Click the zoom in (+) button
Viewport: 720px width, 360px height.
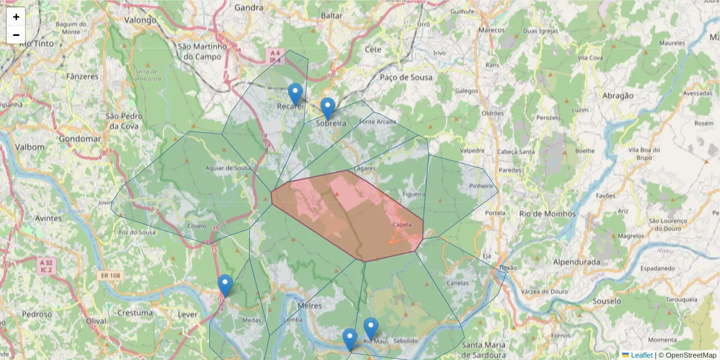[16, 17]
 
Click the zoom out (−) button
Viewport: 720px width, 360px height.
[16, 35]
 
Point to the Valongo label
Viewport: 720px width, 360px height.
[140, 20]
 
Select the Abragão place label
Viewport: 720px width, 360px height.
[617, 95]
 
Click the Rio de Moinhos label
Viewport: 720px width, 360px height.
[547, 214]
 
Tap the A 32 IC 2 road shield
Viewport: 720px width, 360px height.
[46, 266]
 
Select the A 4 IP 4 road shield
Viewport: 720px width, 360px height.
[274, 56]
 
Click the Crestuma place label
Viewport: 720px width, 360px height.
[135, 313]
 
